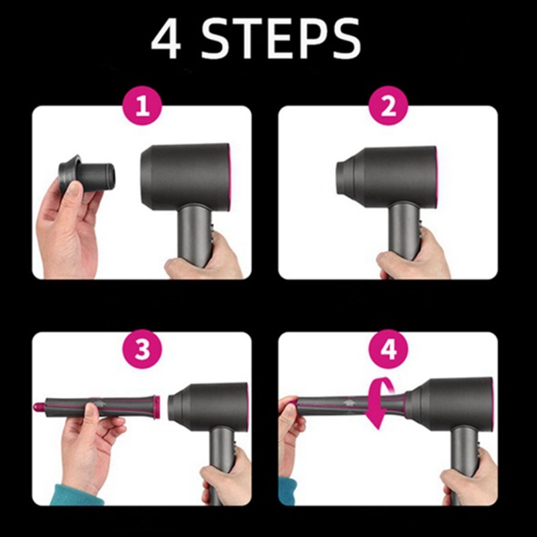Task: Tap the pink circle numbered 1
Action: (x=142, y=106)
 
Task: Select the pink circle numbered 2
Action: (x=388, y=106)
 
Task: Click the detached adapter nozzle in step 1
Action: (x=87, y=175)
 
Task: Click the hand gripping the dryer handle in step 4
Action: (x=468, y=478)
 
